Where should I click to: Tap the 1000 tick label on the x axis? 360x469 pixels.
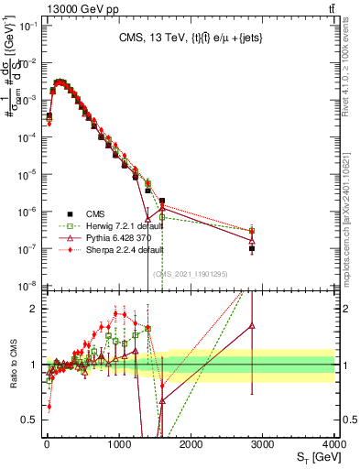118,443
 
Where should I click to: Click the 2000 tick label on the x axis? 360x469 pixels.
191,443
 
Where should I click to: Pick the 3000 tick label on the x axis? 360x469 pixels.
263,443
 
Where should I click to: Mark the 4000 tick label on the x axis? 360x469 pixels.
333,443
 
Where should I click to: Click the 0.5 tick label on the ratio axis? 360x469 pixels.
31,420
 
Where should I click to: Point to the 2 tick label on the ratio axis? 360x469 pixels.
36,309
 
